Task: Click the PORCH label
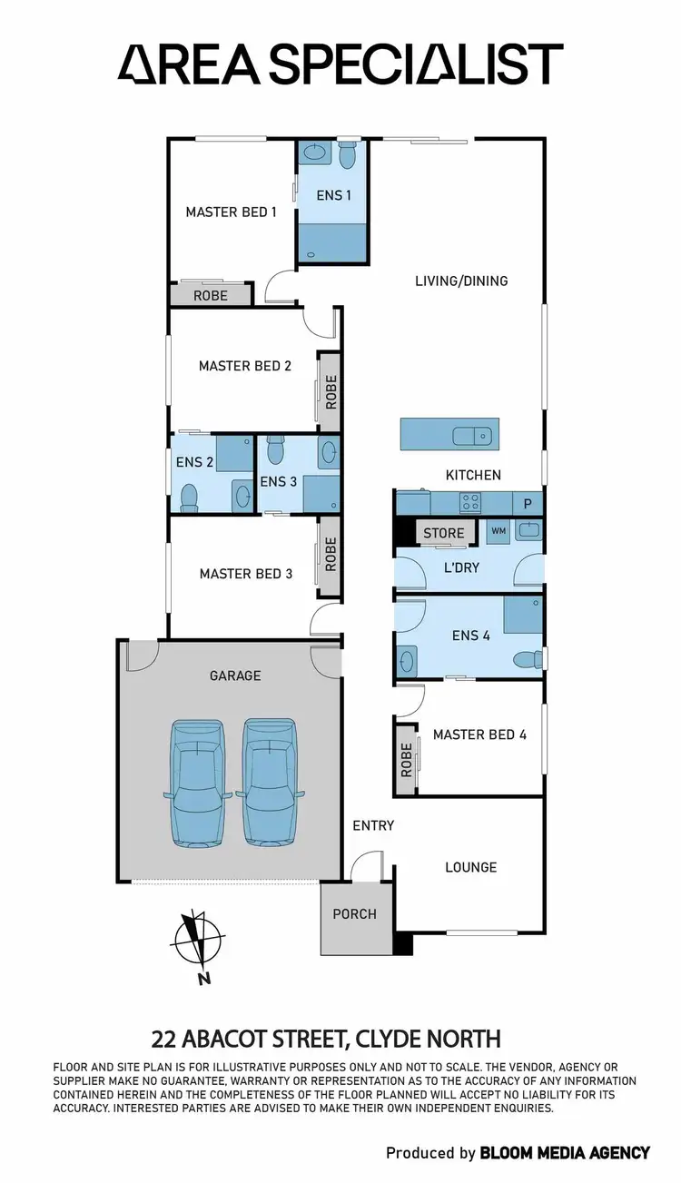click(354, 914)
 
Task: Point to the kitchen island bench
click(450, 434)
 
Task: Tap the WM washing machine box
click(498, 530)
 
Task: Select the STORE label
click(443, 534)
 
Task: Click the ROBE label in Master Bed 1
click(211, 295)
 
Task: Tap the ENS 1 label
click(333, 194)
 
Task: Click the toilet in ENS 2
click(190, 497)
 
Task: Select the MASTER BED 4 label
click(479, 734)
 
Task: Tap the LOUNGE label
click(470, 867)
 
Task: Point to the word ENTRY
click(373, 825)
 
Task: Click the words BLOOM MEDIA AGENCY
click(566, 1152)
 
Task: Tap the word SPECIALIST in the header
click(424, 64)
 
